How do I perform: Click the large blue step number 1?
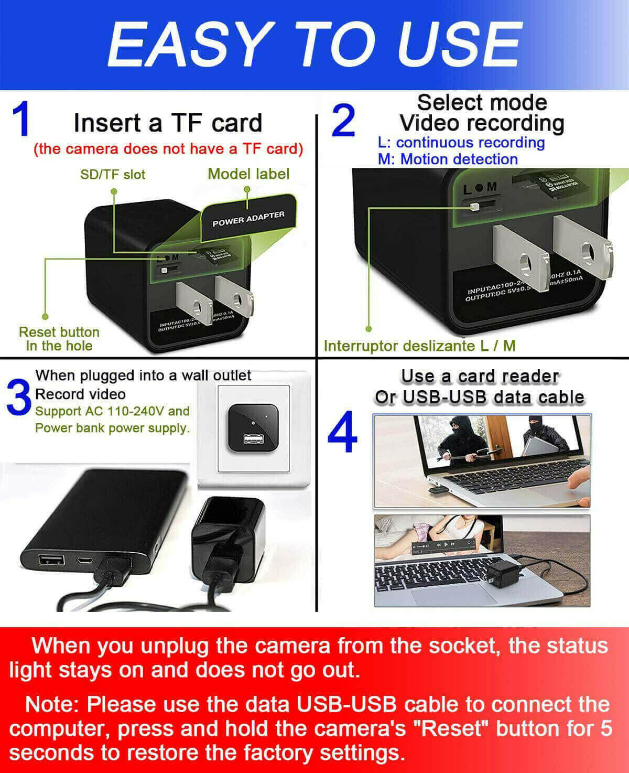click(21, 120)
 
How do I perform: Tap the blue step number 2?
click(344, 122)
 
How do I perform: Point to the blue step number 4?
click(342, 433)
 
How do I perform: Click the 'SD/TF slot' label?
click(113, 175)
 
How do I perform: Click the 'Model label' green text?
click(248, 174)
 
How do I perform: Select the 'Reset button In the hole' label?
click(59, 339)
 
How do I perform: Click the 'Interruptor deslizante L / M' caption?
click(419, 346)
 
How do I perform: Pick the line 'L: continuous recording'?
click(461, 143)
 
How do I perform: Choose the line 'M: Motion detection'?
click(448, 159)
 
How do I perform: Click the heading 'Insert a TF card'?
click(168, 123)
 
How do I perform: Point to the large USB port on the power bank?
click(51, 560)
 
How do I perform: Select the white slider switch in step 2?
click(474, 207)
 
